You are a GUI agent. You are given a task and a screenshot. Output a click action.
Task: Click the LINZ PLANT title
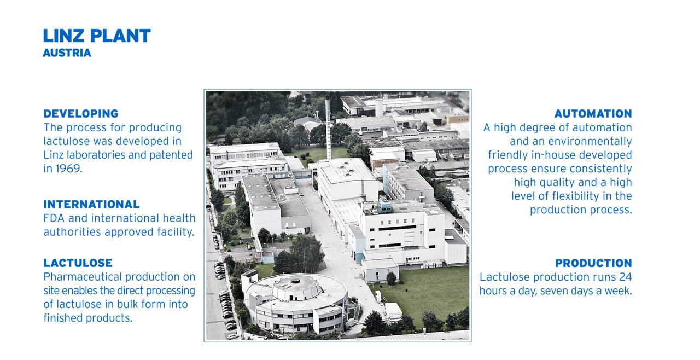[97, 36]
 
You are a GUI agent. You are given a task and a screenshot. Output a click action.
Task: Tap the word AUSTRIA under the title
[67, 53]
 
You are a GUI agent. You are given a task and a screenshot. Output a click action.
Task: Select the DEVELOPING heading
[81, 113]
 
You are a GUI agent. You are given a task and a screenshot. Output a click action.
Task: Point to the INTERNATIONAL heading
[91, 204]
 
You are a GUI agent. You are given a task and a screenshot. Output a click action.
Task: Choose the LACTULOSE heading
[78, 263]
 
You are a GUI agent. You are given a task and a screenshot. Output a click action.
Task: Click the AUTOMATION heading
[593, 113]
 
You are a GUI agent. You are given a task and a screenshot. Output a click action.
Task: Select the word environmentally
[590, 141]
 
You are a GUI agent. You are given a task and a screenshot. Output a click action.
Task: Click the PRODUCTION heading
[593, 263]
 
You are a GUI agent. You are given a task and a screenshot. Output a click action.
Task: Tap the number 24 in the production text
[626, 277]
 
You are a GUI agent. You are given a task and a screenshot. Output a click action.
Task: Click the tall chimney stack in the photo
[328, 127]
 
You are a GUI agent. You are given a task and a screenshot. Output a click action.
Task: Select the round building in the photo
[296, 303]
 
